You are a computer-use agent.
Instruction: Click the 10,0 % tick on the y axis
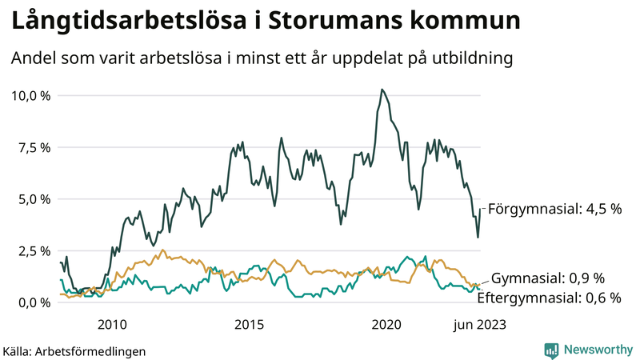coord(30,95)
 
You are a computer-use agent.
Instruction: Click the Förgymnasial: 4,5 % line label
coord(554,209)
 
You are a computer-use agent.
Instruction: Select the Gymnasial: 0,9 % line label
coord(547,278)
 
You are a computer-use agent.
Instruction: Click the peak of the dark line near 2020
coord(382,90)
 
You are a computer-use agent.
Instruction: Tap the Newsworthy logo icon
coord(551,350)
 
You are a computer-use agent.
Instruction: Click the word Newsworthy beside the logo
coord(597,350)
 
